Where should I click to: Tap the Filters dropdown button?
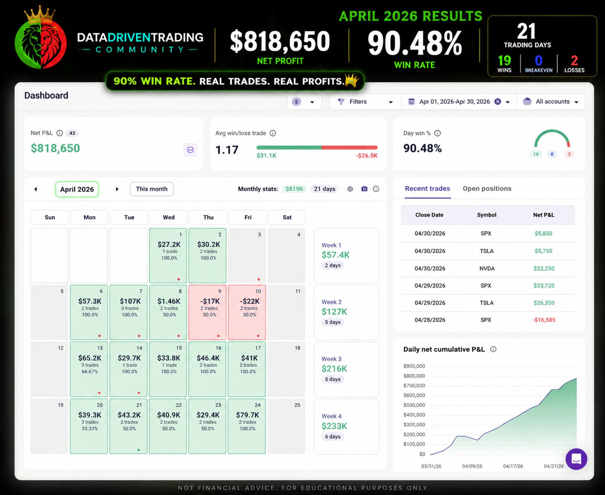click(365, 102)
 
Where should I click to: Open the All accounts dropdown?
click(551, 102)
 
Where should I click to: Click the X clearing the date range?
click(497, 102)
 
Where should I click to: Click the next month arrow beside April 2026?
click(117, 189)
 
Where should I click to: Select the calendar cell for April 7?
click(128, 312)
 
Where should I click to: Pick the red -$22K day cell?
click(247, 312)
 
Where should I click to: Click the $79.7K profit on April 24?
click(247, 415)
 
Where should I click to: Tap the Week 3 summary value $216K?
click(334, 369)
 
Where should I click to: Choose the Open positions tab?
click(487, 188)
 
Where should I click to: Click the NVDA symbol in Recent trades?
click(487, 268)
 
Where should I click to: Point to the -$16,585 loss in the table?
click(544, 320)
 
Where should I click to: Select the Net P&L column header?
click(544, 215)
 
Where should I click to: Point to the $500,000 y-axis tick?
click(414, 405)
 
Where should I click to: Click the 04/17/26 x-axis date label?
click(513, 466)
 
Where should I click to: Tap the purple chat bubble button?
click(576, 459)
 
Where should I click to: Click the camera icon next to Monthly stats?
click(364, 189)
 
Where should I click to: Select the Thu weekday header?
click(208, 217)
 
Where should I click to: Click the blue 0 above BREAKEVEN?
click(538, 61)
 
